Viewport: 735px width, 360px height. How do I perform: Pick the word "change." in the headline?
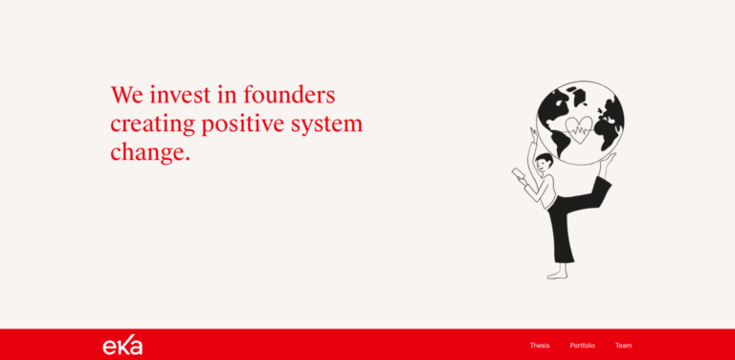pyautogui.click(x=150, y=152)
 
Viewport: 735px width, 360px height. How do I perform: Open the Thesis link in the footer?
pyautogui.click(x=540, y=346)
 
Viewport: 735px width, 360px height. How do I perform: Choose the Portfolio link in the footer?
pyautogui.click(x=582, y=346)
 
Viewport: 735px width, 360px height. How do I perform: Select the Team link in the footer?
pyautogui.click(x=623, y=346)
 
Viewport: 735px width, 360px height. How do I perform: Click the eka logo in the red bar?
pyautogui.click(x=122, y=346)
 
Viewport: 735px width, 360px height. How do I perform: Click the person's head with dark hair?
pyautogui.click(x=544, y=160)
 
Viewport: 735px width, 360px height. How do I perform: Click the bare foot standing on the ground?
pyautogui.click(x=556, y=274)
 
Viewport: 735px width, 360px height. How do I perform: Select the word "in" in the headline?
pyautogui.click(x=228, y=96)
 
